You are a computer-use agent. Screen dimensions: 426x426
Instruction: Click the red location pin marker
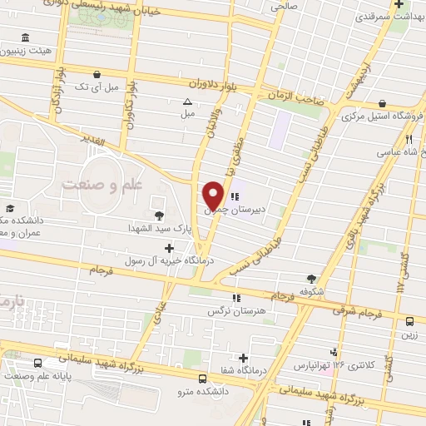pyautogui.click(x=213, y=194)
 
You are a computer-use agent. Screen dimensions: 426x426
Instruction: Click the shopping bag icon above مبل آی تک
pyautogui.click(x=99, y=73)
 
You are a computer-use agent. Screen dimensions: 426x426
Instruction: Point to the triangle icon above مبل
pyautogui.click(x=187, y=102)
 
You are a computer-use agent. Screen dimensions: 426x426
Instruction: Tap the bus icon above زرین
pyautogui.click(x=410, y=321)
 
